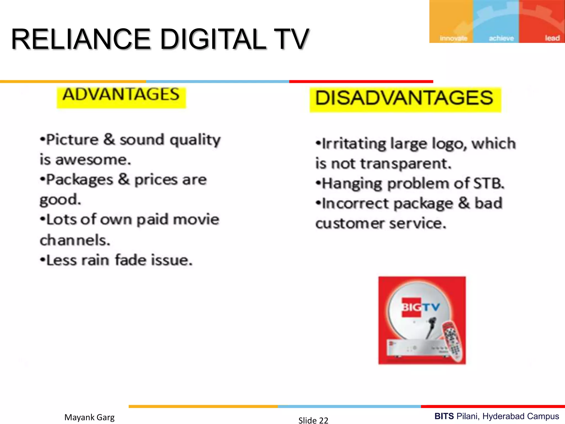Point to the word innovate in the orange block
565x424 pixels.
(453, 38)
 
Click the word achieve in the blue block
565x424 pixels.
(501, 38)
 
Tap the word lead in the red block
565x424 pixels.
(552, 38)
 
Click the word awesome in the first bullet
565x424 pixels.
(93, 160)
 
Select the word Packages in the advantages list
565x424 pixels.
(80, 180)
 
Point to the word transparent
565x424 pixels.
(406, 164)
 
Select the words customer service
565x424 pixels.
(381, 224)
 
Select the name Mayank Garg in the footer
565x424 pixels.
(89, 417)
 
